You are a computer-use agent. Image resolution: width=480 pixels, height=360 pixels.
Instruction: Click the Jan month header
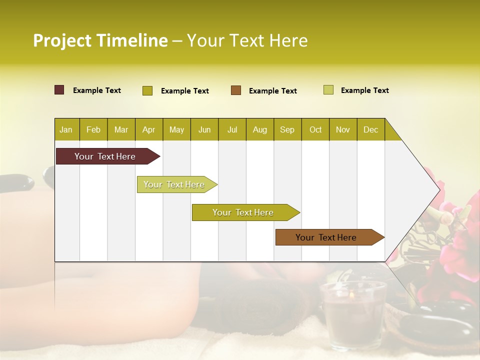[66, 129]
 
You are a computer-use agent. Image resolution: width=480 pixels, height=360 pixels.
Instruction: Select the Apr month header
[148, 129]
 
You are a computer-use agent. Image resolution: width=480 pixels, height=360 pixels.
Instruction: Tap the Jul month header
[232, 129]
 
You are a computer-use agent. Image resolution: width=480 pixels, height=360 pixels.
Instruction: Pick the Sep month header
[287, 129]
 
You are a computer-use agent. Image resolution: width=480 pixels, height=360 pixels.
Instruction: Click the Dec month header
[370, 129]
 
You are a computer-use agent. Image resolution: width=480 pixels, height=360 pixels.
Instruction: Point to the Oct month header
[315, 129]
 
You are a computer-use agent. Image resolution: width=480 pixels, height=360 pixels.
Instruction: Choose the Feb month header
[93, 129]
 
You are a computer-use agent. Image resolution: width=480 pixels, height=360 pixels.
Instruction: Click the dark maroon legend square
[59, 90]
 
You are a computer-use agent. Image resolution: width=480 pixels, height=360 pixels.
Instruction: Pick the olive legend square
[147, 90]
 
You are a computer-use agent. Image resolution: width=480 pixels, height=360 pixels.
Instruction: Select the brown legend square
[236, 90]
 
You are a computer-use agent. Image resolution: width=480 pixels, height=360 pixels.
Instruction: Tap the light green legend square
[328, 90]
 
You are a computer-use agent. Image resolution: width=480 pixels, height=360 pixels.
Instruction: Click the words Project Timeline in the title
[100, 40]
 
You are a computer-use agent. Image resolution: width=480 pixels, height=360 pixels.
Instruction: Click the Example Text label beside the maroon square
[97, 90]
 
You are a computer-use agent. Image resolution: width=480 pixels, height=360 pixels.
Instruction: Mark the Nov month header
[342, 129]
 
